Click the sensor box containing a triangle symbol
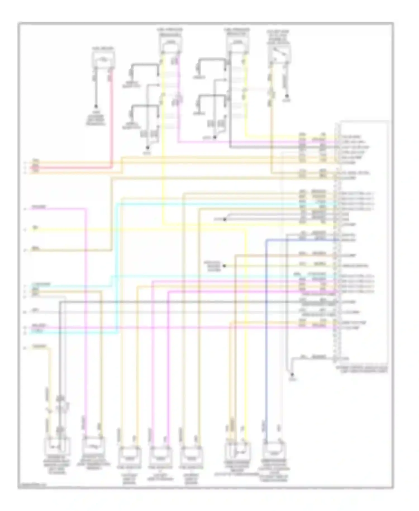click(x=238, y=451)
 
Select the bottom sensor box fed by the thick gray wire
click(x=58, y=446)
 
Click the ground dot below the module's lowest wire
click(x=292, y=374)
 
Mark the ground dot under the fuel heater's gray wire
click(x=96, y=107)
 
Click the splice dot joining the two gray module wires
click(x=224, y=219)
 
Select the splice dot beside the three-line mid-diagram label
click(x=224, y=266)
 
